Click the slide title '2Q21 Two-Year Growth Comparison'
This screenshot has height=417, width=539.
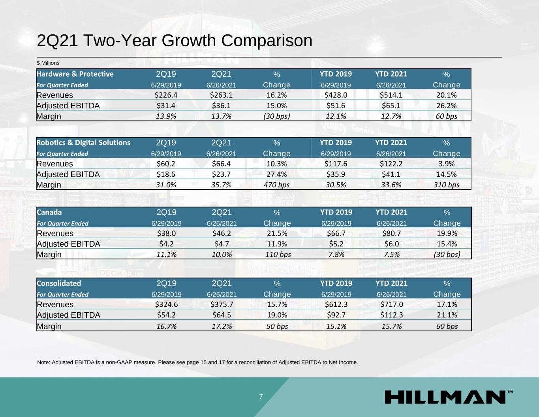click(x=174, y=41)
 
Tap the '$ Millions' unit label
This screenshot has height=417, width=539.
click(x=48, y=63)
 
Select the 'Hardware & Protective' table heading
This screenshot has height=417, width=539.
click(x=75, y=74)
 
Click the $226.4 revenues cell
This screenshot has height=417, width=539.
click(x=166, y=95)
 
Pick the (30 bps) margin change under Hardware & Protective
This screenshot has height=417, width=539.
click(x=276, y=116)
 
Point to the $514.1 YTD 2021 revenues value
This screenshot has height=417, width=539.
click(x=391, y=95)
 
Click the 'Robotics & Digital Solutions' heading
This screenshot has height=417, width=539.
click(x=83, y=143)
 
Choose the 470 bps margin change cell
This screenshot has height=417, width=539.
click(x=276, y=185)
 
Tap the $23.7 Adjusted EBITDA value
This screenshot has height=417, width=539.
click(x=221, y=174)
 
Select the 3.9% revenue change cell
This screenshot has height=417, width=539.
click(x=446, y=164)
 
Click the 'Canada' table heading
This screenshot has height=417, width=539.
click(x=49, y=212)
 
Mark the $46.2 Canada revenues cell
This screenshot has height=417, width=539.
click(x=222, y=233)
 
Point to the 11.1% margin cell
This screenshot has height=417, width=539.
click(x=166, y=254)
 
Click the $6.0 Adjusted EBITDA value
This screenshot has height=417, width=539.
click(x=391, y=244)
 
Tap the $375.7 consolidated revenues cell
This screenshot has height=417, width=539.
click(x=222, y=304)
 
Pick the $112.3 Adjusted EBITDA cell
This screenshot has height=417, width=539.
click(x=391, y=315)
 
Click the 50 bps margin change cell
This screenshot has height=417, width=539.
click(x=277, y=326)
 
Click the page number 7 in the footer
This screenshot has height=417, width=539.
click(x=261, y=397)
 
